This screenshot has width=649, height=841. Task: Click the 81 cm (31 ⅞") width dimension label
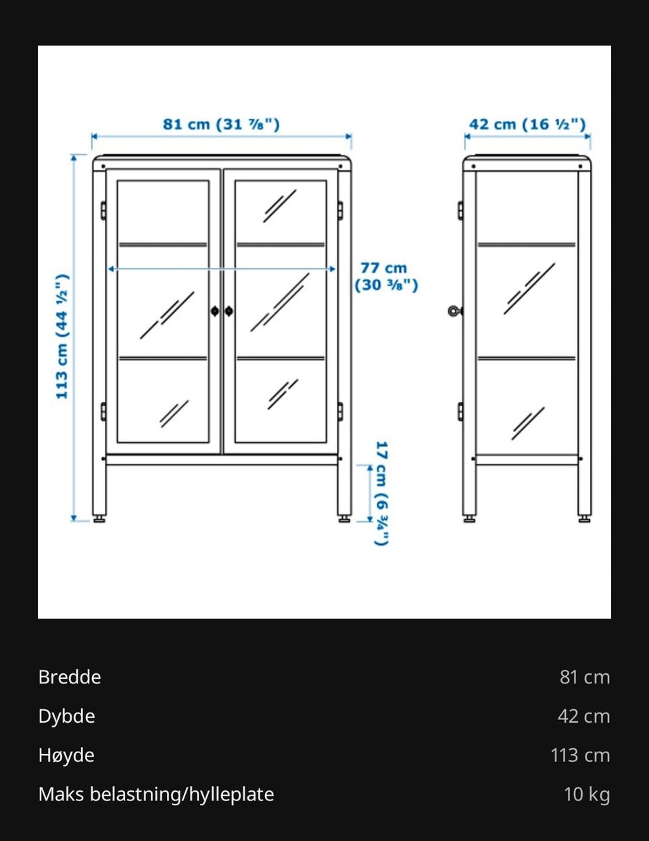point(221,124)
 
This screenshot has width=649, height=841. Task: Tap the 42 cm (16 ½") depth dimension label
point(527,124)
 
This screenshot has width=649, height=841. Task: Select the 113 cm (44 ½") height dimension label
point(62,336)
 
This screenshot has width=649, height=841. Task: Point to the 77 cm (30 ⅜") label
point(386,277)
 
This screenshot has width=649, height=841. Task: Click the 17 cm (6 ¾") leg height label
point(381,493)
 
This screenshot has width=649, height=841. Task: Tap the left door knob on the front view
point(215,311)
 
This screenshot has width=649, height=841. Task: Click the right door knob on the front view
point(229,311)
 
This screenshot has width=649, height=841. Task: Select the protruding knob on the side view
point(455,311)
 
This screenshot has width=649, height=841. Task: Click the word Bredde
point(70,677)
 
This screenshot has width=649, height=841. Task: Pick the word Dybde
point(66,716)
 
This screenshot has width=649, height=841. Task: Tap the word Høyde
point(66,755)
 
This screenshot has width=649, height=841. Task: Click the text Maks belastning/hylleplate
point(156,794)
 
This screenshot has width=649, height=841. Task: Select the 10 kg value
point(587,794)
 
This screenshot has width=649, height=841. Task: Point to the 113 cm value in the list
point(581,755)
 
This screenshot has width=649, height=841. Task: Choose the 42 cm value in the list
point(584,716)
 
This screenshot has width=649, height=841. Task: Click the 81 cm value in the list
point(585,677)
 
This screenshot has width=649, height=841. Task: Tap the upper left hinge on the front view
point(103,210)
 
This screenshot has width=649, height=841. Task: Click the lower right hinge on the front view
point(340,412)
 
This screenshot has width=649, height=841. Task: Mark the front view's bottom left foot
point(99,519)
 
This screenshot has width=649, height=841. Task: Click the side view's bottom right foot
point(585,519)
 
